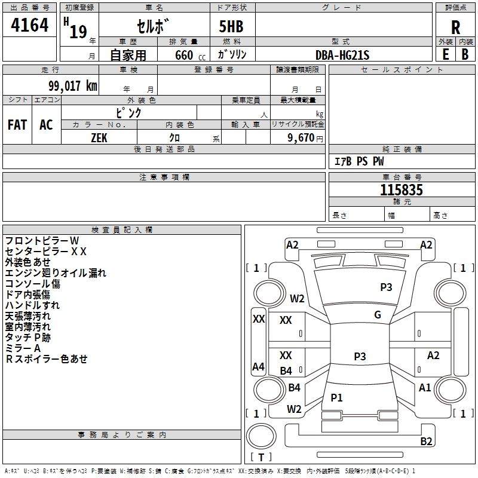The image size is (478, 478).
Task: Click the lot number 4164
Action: coord(30,25)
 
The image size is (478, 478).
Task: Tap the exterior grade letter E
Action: coord(445,54)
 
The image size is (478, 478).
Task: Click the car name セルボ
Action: coord(153,27)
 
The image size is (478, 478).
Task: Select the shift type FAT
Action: coord(17,124)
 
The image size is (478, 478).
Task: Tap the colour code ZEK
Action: coord(100,137)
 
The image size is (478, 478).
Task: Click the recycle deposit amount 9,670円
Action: coord(304,137)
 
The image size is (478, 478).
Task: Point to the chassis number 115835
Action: coord(402,190)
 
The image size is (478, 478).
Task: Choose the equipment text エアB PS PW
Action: coord(359,161)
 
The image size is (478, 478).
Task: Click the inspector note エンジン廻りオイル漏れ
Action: coord(56,273)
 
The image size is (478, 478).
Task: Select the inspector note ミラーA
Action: coord(23,348)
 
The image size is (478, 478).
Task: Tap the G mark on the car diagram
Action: coord(378,315)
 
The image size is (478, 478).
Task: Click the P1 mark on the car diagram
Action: coord(337,397)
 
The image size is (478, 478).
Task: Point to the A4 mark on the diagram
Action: coord(258,367)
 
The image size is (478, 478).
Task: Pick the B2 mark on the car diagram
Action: coord(426,442)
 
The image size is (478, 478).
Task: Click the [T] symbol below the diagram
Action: coord(261,458)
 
